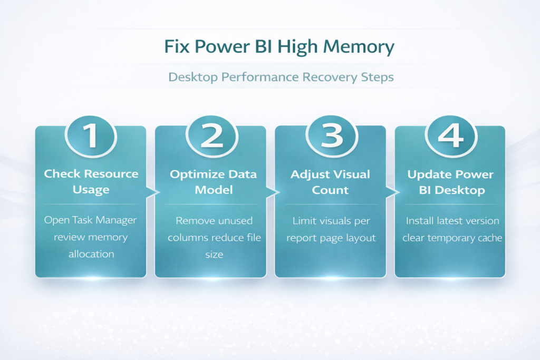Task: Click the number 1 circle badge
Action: point(91,135)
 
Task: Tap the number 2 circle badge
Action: point(211,135)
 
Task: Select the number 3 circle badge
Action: point(331,135)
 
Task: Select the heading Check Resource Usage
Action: point(91,181)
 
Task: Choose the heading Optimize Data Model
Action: point(213,181)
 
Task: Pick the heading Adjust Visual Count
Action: point(331,181)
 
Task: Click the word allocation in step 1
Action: point(91,254)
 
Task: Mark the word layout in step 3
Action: point(359,238)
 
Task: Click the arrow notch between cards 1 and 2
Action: point(151,193)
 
